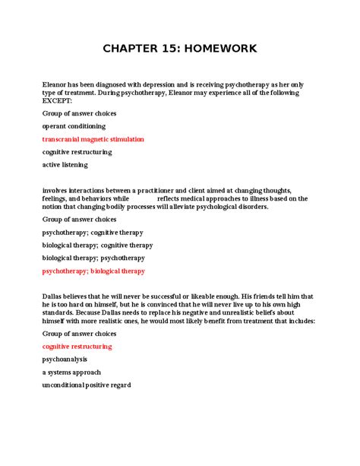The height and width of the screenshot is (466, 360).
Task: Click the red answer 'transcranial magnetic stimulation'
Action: (x=93, y=139)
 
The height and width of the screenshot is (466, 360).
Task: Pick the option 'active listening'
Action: (x=65, y=164)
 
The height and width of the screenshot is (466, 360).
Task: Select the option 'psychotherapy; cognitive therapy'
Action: (x=93, y=233)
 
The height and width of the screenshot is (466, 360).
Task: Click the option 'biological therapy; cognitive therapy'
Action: (x=97, y=246)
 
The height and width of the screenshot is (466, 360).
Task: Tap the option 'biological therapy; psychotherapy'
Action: (x=93, y=258)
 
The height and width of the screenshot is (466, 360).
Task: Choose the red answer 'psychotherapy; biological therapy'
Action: (x=93, y=271)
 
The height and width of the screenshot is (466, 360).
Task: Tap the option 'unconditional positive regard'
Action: (x=87, y=385)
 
